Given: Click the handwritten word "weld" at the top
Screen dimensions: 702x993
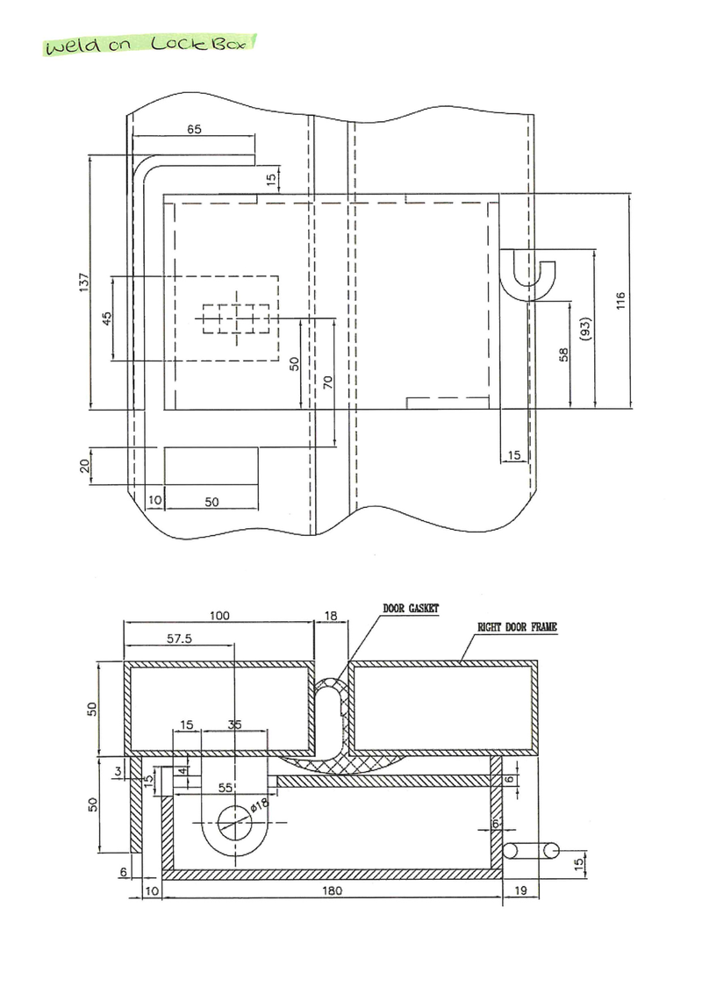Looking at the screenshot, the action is (72, 46).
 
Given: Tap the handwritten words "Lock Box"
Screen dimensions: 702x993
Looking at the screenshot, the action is (198, 43).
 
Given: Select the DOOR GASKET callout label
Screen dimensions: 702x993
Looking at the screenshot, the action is (411, 609).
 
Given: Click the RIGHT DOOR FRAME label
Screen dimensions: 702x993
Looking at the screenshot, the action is (518, 627).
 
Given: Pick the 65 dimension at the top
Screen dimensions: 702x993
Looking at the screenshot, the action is (194, 129).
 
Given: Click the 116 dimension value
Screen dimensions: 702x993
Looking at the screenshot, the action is (621, 300).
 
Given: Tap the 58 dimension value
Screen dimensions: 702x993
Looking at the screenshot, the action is (564, 354).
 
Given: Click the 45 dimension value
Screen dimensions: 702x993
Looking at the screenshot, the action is (106, 318).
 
